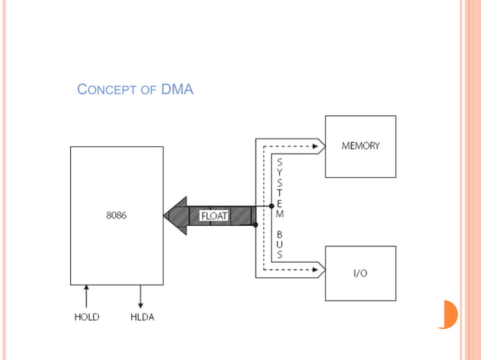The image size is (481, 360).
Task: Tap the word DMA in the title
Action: [177, 90]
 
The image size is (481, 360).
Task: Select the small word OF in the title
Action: [149, 91]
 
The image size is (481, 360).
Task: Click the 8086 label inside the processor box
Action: [116, 215]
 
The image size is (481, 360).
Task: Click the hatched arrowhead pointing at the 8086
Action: [176, 215]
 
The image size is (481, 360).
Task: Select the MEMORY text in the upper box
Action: [360, 146]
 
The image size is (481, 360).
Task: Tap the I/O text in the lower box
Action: [360, 273]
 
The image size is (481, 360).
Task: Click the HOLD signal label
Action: [87, 317]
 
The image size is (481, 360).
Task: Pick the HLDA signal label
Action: [142, 317]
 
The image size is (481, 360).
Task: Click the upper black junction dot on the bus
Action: [271, 206]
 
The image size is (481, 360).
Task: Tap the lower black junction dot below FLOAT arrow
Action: [256, 224]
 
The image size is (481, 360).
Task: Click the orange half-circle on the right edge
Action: [450, 314]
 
